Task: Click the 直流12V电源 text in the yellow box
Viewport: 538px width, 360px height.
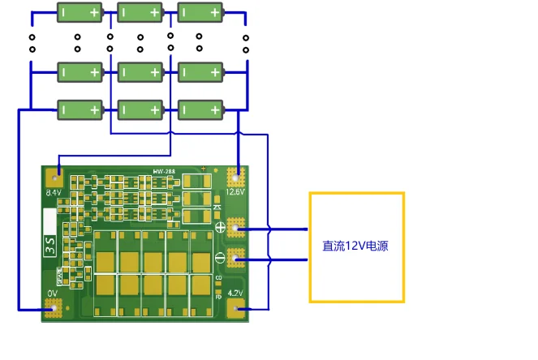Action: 355,246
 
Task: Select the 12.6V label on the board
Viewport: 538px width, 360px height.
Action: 235,192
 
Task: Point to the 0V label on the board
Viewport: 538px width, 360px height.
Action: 53,294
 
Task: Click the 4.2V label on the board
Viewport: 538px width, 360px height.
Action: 235,294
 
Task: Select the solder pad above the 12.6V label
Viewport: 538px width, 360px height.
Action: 236,176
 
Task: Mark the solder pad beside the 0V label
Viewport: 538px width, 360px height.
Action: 53,308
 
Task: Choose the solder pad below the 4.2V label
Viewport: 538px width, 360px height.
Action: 236,307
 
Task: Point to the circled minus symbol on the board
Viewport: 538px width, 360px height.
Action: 220,259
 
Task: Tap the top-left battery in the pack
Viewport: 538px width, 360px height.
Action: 80,12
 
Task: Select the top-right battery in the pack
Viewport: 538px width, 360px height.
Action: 200,12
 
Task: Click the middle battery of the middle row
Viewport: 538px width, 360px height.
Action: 140,72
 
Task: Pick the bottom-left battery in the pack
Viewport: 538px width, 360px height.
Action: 80,109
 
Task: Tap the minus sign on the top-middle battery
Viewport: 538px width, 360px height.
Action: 126,12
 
